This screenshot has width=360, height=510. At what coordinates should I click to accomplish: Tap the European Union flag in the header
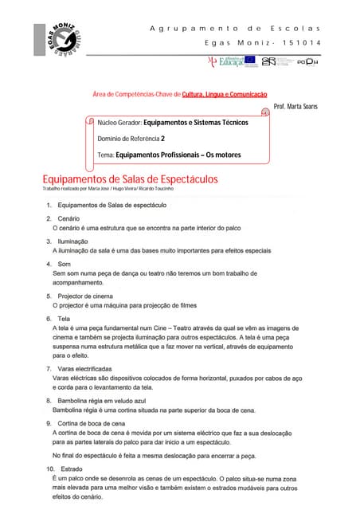[250, 60]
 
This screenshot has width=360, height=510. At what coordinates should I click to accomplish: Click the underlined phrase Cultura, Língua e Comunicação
[225, 94]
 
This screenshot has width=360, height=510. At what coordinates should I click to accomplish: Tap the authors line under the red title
[108, 189]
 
